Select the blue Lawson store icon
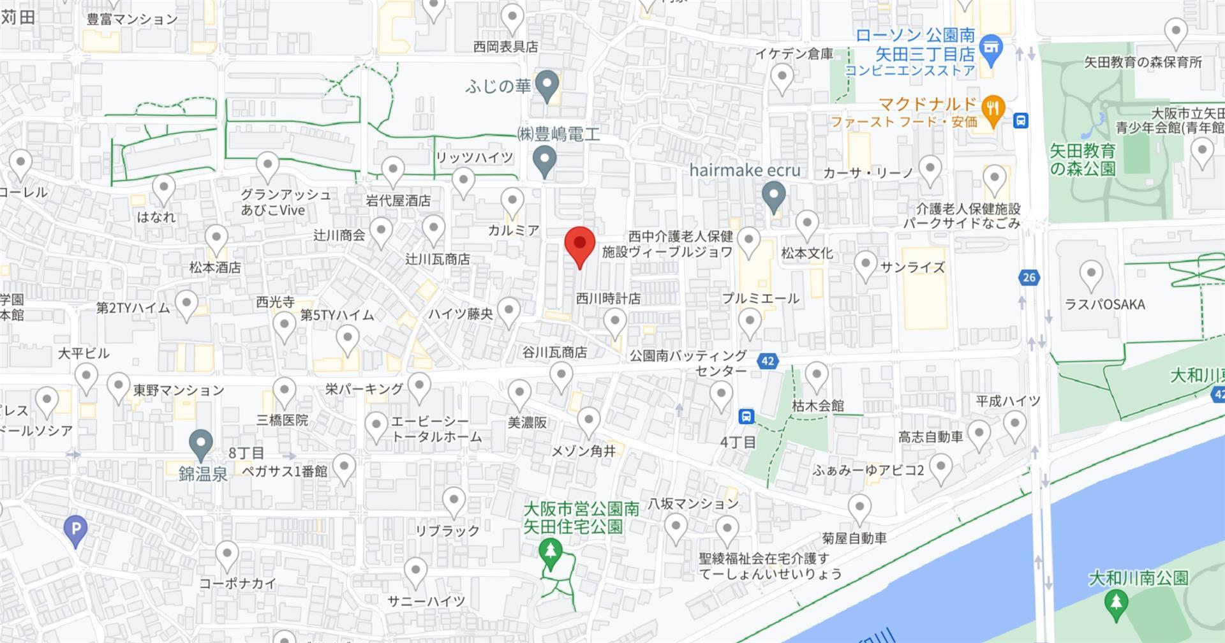click(x=990, y=49)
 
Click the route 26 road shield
click(x=1028, y=277)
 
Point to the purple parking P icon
click(x=76, y=529)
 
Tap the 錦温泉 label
click(x=203, y=474)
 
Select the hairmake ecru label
click(x=745, y=170)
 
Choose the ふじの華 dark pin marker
click(x=546, y=85)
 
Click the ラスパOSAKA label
click(x=1105, y=304)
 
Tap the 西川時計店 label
click(x=608, y=298)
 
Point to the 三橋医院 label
click(x=282, y=420)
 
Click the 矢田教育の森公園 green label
click(x=1083, y=159)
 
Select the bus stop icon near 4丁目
click(x=746, y=417)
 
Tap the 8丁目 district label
click(x=246, y=453)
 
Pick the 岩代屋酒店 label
click(x=398, y=200)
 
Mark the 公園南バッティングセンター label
click(x=688, y=363)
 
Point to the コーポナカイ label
click(x=237, y=583)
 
